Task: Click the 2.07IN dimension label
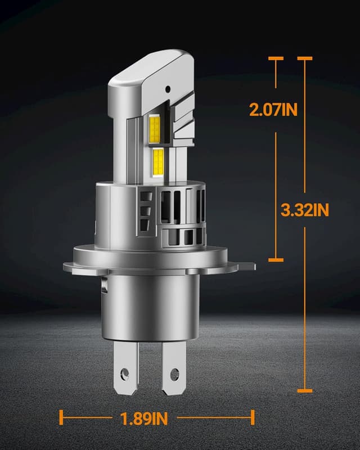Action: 273,109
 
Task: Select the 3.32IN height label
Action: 304,210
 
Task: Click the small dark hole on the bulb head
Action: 168,89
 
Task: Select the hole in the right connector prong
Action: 174,373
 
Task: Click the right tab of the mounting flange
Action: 242,265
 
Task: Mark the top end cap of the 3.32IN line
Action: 304,58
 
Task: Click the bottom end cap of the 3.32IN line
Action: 304,390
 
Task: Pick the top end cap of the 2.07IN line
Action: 276,58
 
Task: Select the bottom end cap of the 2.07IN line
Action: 276,260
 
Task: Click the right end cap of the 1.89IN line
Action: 253,417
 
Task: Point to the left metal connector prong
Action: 127,366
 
